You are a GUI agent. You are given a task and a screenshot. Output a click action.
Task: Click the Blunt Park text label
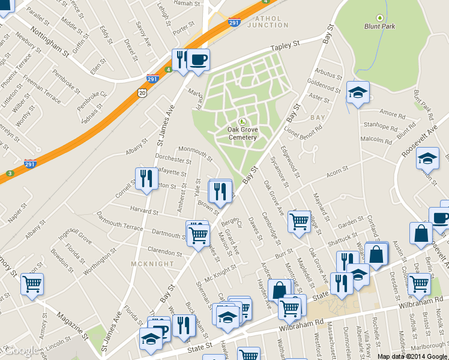point(379,26)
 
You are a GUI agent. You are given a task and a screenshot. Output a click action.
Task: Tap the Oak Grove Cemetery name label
point(243,133)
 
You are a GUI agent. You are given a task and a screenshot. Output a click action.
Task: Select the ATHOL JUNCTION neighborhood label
point(267,21)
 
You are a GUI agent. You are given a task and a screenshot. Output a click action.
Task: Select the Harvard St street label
point(143,211)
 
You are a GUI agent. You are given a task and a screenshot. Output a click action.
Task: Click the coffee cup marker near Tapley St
point(198,60)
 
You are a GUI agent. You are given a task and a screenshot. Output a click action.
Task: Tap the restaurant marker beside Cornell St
point(146,178)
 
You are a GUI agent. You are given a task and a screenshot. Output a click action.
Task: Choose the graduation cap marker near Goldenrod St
point(358,92)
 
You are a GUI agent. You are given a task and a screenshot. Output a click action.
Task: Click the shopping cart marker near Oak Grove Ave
point(299,222)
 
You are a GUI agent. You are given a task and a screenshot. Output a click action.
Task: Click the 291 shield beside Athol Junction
point(235,23)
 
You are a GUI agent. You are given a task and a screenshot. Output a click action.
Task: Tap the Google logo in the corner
point(21,350)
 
